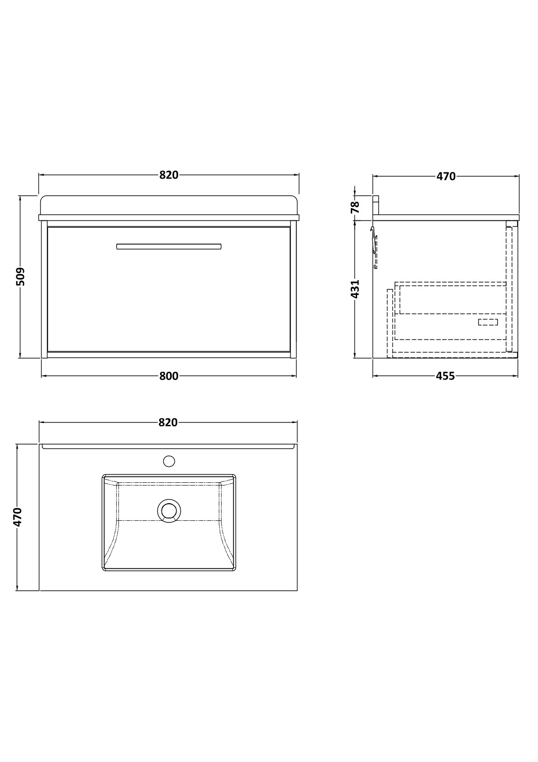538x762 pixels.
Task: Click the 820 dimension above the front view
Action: click(x=169, y=175)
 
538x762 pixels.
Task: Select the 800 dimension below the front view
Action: click(x=169, y=376)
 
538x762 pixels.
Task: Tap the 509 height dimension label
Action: click(x=20, y=276)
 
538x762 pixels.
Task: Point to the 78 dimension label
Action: click(x=355, y=207)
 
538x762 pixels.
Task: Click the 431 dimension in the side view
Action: click(x=355, y=289)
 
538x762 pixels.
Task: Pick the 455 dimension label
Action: click(x=445, y=376)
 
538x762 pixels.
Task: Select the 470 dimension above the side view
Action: click(x=446, y=176)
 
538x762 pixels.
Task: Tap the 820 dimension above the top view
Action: click(x=168, y=422)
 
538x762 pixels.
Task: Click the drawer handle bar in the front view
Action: click(x=169, y=246)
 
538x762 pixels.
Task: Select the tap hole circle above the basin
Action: click(x=169, y=461)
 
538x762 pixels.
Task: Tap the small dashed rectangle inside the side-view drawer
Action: click(x=488, y=322)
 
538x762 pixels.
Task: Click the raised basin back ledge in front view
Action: click(x=169, y=205)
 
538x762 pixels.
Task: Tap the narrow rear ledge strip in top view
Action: click(x=168, y=446)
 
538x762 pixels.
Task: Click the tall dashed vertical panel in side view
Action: click(x=509, y=289)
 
